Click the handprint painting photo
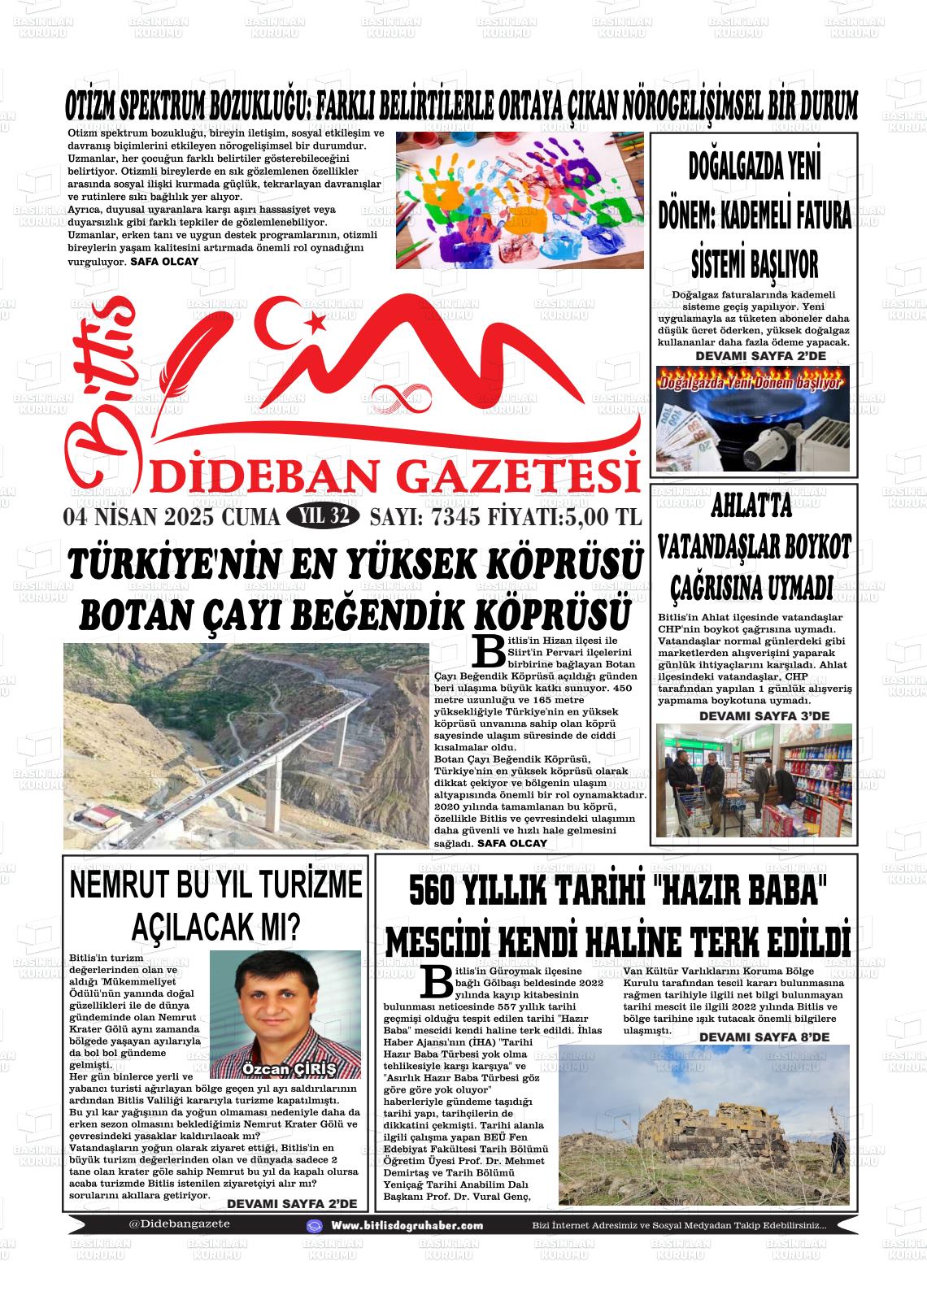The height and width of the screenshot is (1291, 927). (x=520, y=200)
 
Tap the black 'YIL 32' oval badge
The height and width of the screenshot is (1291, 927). (x=323, y=516)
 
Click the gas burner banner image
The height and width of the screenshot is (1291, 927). (x=752, y=419)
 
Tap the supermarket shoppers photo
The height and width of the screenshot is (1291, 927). (x=753, y=780)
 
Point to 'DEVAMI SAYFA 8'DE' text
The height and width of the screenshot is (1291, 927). (x=764, y=1037)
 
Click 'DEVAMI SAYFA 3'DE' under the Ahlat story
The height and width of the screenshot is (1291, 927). (x=764, y=715)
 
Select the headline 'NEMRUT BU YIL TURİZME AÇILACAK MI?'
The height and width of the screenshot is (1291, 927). (x=215, y=905)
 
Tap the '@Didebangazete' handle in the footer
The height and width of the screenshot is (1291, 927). (x=179, y=1224)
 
